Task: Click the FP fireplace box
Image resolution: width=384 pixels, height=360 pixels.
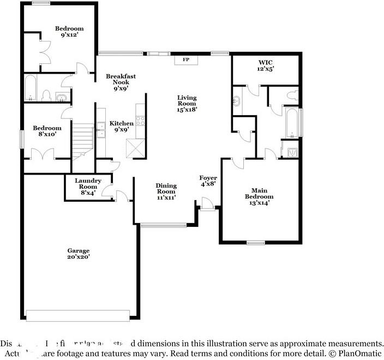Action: click(185, 59)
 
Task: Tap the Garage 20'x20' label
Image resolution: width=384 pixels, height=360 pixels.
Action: click(79, 253)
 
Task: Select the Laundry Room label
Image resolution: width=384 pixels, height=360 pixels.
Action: click(88, 187)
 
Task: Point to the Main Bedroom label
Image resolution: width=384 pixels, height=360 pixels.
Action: click(259, 196)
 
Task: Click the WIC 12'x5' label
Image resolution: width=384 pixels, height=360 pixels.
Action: click(265, 65)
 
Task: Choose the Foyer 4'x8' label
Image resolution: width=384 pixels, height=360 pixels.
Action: click(208, 181)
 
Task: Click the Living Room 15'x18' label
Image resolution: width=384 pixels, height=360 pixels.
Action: click(187, 103)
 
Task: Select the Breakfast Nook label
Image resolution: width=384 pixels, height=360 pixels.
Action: click(121, 82)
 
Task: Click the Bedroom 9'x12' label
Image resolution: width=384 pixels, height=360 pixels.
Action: click(69, 32)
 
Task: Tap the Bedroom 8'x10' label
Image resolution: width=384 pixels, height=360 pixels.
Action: click(47, 131)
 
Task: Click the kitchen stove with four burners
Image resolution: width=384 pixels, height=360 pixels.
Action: click(140, 123)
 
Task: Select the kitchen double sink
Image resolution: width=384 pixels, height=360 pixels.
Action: click(101, 129)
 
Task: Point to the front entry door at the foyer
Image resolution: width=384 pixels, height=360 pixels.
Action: click(207, 203)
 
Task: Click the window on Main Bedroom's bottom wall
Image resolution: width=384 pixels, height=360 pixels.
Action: click(255, 243)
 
